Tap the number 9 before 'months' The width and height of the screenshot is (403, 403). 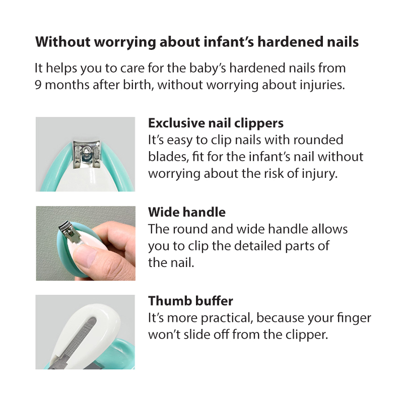click(38, 85)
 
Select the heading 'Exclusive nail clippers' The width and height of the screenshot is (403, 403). click(216, 123)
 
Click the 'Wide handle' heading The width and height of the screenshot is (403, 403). click(187, 212)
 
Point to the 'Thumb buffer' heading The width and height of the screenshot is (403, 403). click(190, 301)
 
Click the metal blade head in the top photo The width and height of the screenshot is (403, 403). click(87, 154)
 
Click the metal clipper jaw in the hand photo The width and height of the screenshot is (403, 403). click(69, 233)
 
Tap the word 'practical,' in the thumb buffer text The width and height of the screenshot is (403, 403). click(226, 319)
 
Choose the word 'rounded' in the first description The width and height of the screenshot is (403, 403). click(318, 140)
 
